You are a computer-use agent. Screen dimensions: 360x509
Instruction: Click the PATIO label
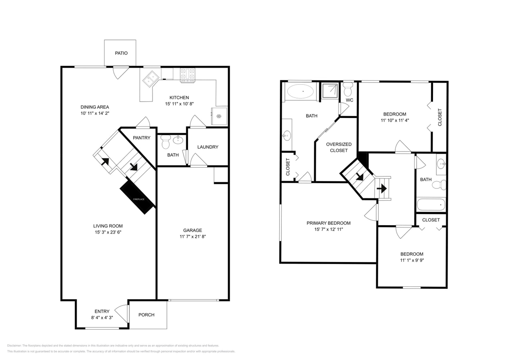(x=121, y=53)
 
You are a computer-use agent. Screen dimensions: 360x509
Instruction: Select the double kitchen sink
(x=151, y=79)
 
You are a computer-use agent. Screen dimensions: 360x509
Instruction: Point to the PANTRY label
(x=142, y=138)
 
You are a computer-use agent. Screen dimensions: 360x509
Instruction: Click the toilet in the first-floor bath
(x=166, y=141)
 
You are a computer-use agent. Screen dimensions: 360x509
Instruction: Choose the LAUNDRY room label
(x=208, y=147)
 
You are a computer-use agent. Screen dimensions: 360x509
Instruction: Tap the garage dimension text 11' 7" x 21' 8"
(x=192, y=237)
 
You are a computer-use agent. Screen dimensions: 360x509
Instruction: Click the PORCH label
(x=146, y=315)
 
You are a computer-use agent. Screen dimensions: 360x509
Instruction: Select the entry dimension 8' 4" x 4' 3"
(x=102, y=318)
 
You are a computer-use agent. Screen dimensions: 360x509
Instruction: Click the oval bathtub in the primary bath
(x=301, y=92)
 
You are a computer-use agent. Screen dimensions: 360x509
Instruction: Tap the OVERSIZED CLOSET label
(x=339, y=147)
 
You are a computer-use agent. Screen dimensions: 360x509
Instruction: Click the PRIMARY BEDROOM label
(x=329, y=223)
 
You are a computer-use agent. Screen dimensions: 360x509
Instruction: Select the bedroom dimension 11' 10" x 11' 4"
(x=395, y=120)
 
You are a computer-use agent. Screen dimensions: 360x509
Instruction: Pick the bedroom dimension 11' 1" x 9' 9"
(x=412, y=260)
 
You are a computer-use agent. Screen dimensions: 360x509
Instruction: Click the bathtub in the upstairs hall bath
(x=431, y=205)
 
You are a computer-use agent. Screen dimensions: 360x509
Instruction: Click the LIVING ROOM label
(x=108, y=226)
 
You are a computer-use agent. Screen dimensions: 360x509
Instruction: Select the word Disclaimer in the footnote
(x=14, y=346)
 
